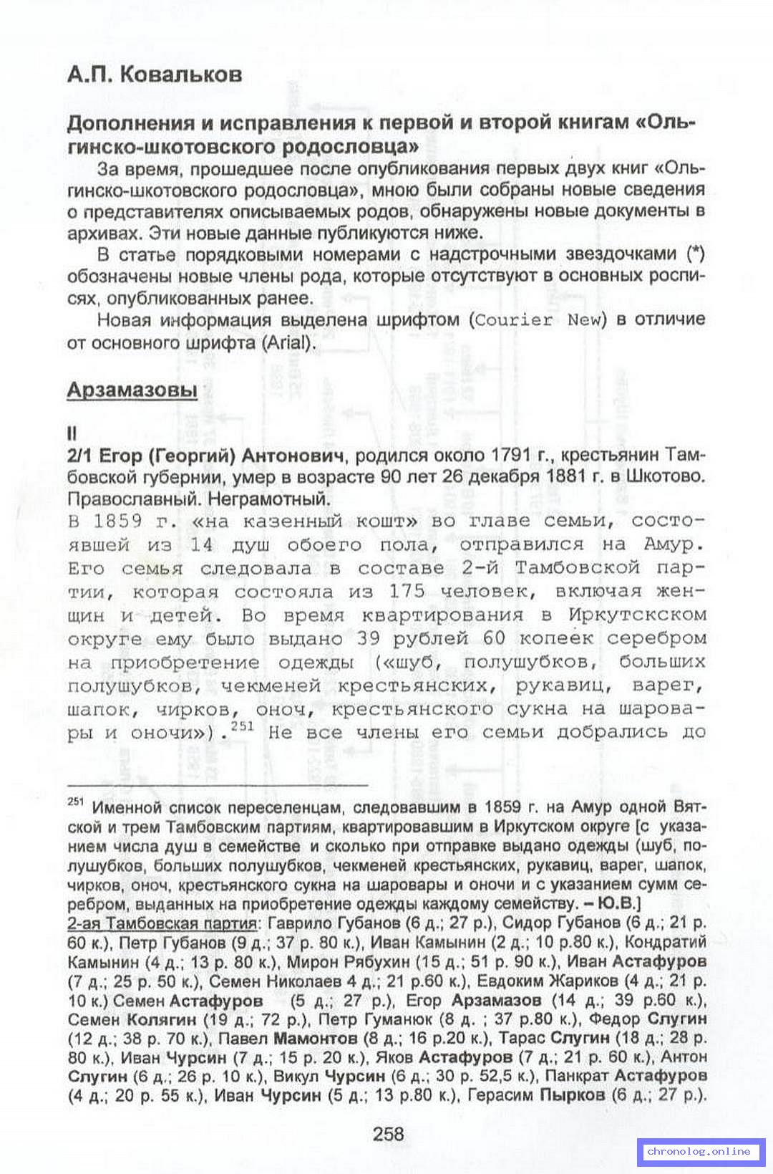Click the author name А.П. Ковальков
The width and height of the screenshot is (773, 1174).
tap(155, 74)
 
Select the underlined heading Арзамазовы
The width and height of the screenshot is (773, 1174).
tap(132, 390)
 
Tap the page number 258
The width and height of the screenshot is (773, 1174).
tap(388, 1133)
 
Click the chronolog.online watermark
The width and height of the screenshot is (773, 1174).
tap(698, 1151)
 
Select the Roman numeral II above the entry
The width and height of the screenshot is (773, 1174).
tap(71, 433)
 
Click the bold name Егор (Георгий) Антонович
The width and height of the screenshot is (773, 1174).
tap(222, 456)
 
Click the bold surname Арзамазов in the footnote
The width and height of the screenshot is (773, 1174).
tap(496, 1000)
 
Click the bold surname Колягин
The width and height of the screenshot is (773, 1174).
tap(161, 1019)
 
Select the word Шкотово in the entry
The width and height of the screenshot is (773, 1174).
tap(674, 477)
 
